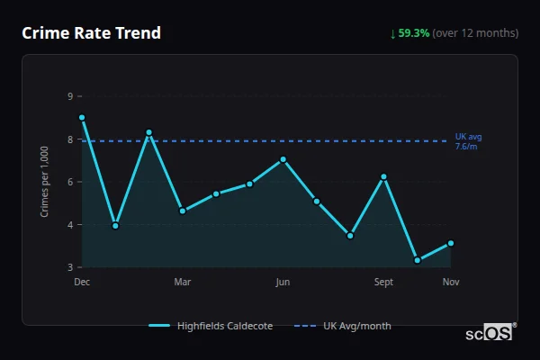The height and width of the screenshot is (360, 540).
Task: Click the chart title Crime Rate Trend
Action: tap(91, 33)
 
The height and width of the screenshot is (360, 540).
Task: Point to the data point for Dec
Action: tap(82, 117)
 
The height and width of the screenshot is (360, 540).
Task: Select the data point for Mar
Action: tap(183, 211)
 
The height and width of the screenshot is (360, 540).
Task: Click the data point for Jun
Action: tap(283, 159)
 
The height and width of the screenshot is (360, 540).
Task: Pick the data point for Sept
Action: tap(384, 176)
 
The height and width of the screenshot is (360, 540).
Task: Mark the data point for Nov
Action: tap(451, 243)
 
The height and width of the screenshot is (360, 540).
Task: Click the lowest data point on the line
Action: tap(418, 260)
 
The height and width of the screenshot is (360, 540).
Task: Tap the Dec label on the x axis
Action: tap(82, 283)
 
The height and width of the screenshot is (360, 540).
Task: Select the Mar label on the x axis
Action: tap(183, 283)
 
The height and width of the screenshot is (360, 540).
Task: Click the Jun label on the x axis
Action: tap(283, 283)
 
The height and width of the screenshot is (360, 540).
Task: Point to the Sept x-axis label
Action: tap(384, 283)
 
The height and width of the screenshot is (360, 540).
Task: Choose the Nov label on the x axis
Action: tap(451, 283)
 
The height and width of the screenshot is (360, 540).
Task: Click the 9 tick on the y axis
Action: tap(70, 96)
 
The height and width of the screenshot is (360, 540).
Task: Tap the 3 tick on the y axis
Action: tap(70, 267)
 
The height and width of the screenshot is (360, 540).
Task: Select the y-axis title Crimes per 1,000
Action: tap(45, 182)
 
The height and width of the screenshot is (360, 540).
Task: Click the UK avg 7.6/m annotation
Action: tap(468, 141)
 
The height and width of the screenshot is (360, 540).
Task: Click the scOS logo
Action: tap(489, 333)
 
